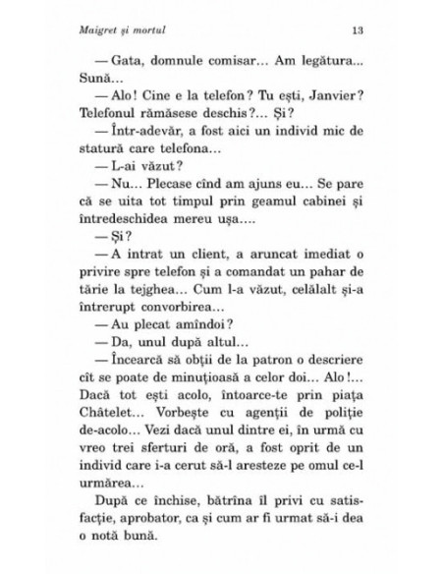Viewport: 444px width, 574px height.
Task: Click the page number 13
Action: (361, 26)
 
